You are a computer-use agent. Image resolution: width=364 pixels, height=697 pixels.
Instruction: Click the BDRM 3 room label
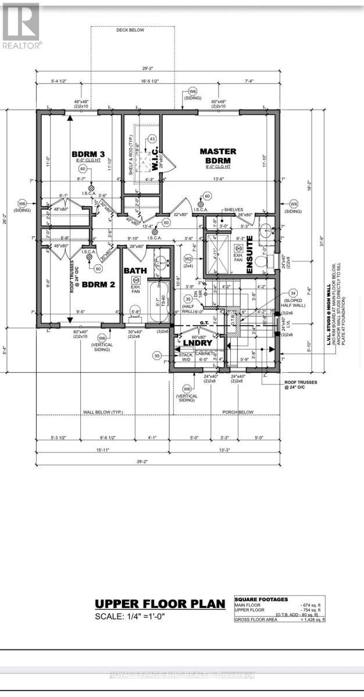(x=88, y=153)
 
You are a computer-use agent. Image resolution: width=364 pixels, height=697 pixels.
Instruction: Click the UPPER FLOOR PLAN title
(x=159, y=604)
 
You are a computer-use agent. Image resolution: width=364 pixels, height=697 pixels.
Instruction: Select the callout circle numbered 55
(x=156, y=355)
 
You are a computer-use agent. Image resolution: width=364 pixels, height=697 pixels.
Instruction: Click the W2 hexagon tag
(x=188, y=258)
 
